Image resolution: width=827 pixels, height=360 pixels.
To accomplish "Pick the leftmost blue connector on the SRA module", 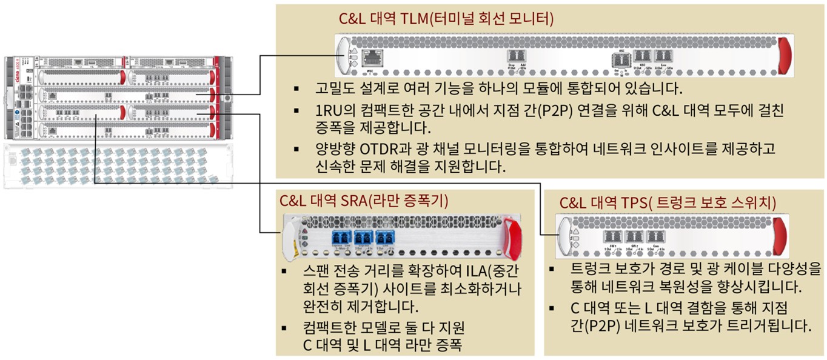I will point(341,236).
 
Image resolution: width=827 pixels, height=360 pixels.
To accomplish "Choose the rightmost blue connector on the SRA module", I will point(384,236).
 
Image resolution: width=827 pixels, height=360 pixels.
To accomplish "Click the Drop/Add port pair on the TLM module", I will point(517,56).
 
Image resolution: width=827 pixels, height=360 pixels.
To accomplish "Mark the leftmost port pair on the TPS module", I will point(612,237).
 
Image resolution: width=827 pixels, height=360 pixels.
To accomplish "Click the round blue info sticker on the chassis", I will point(18,112).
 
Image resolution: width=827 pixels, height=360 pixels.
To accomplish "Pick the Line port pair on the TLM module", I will point(661,56).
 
